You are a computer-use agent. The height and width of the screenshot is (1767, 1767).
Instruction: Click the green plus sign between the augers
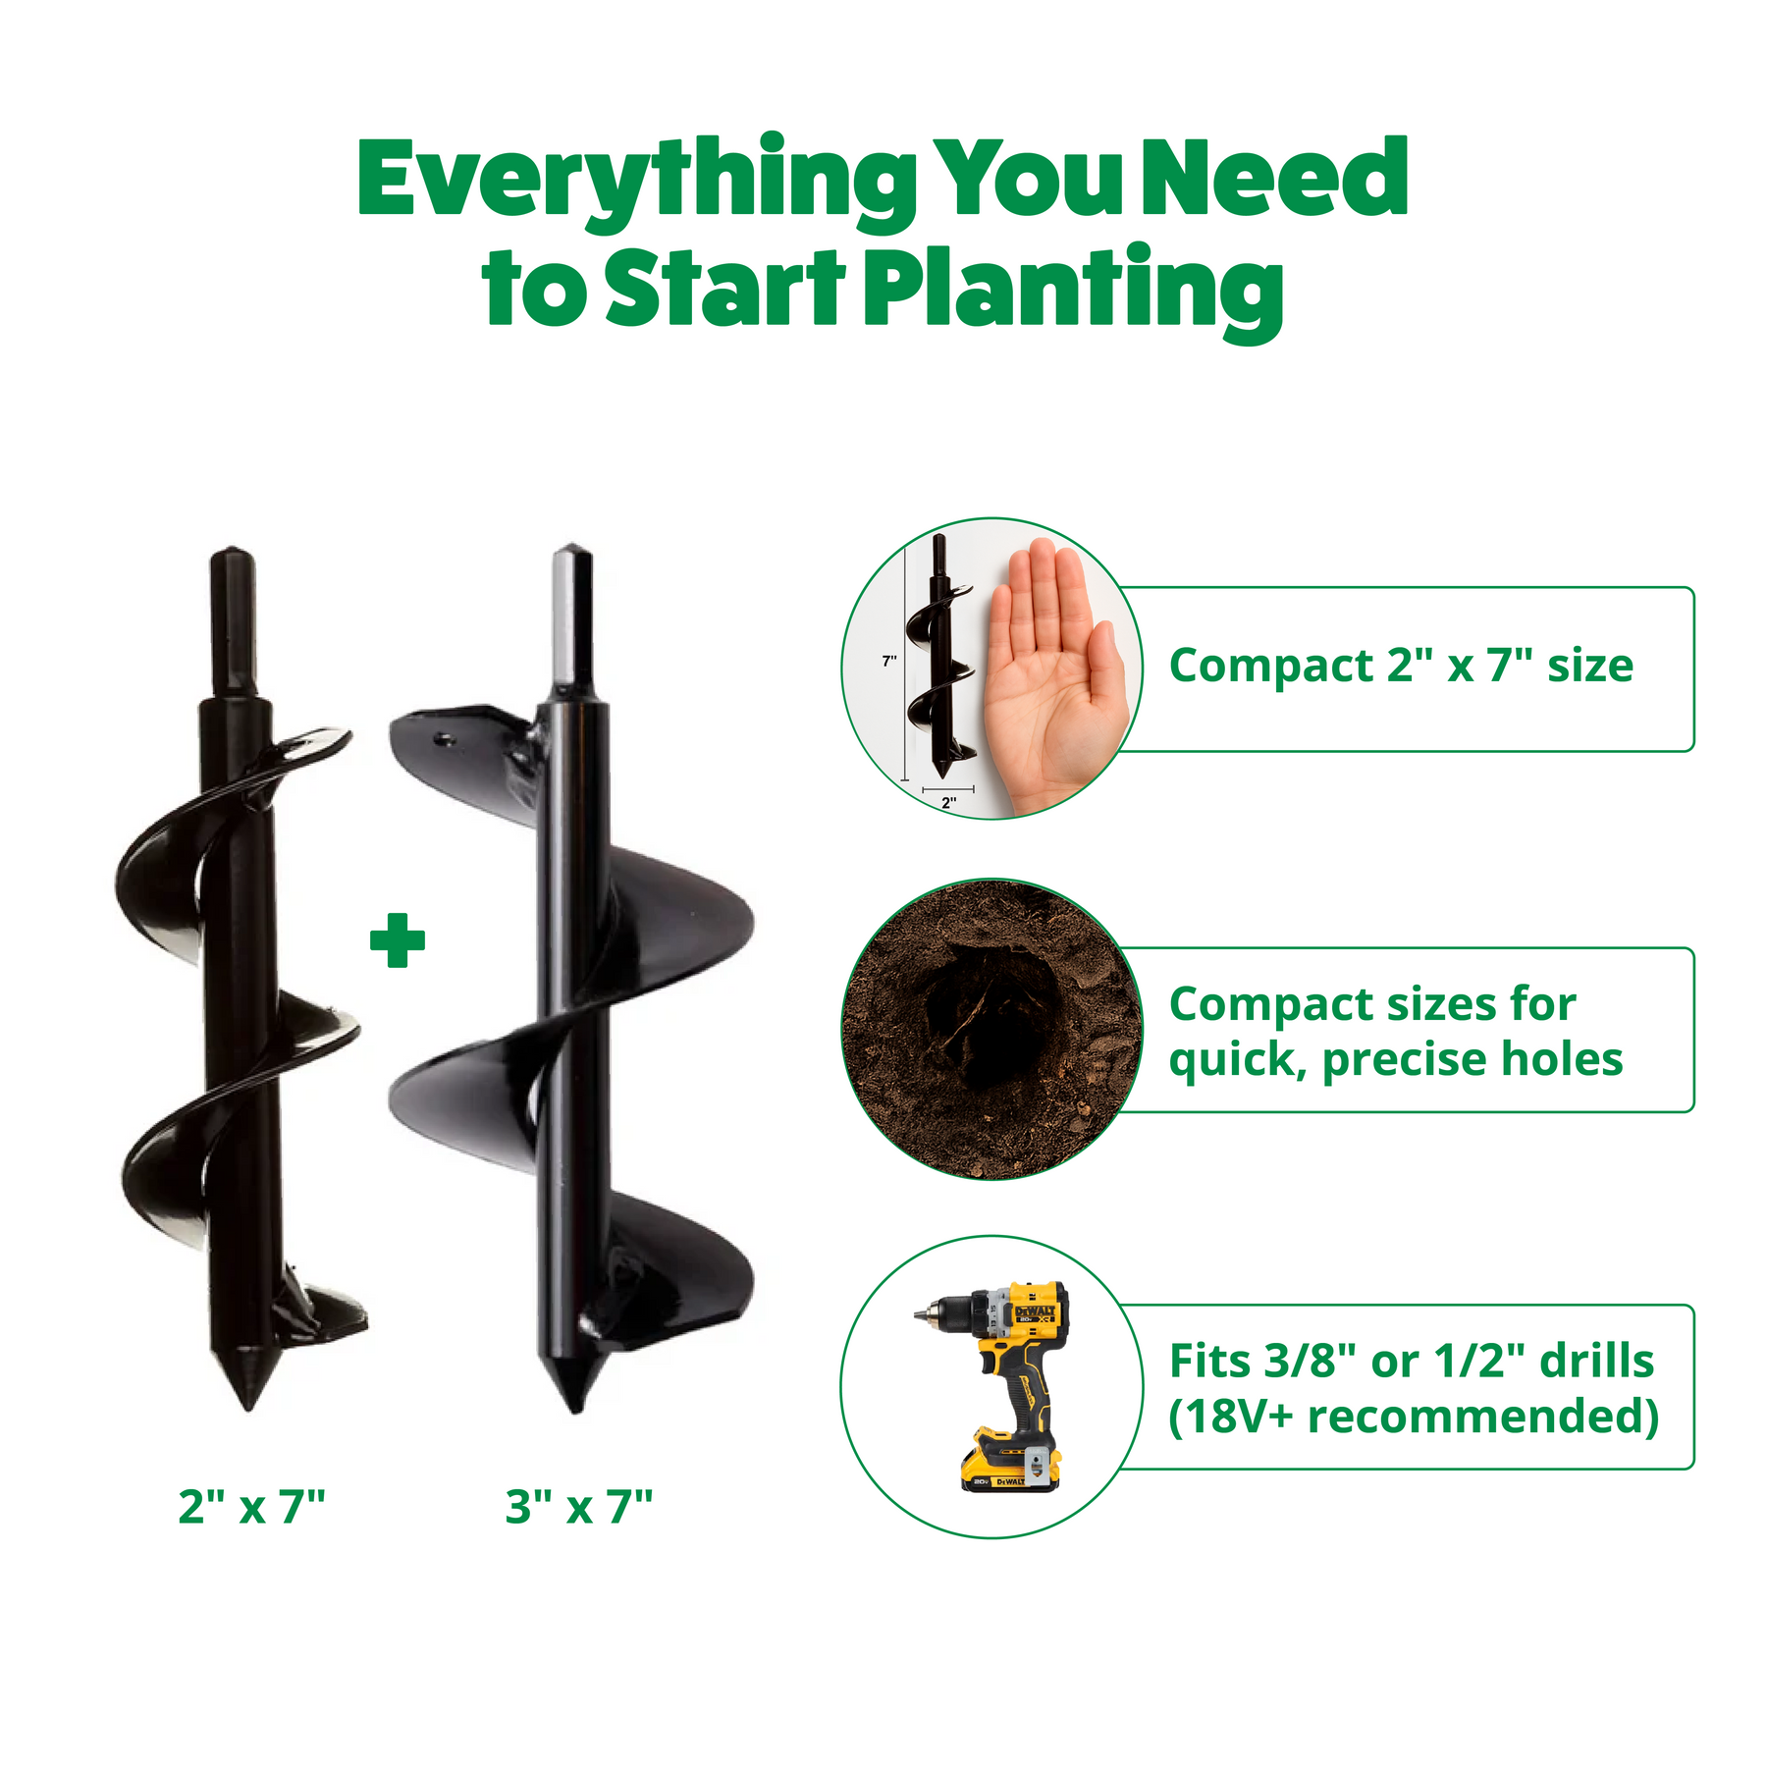point(398,940)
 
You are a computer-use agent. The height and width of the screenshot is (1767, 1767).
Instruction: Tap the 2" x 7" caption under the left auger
point(251,1506)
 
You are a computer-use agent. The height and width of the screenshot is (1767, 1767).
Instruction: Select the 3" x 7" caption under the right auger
point(579,1506)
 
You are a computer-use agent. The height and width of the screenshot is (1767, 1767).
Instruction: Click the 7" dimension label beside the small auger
point(889,661)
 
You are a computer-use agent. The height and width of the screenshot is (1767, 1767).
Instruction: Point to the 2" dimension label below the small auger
point(948,802)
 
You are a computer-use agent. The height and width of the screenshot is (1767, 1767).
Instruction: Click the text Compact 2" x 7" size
point(1401,667)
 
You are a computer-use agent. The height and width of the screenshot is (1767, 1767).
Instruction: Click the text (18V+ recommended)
point(1414,1417)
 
